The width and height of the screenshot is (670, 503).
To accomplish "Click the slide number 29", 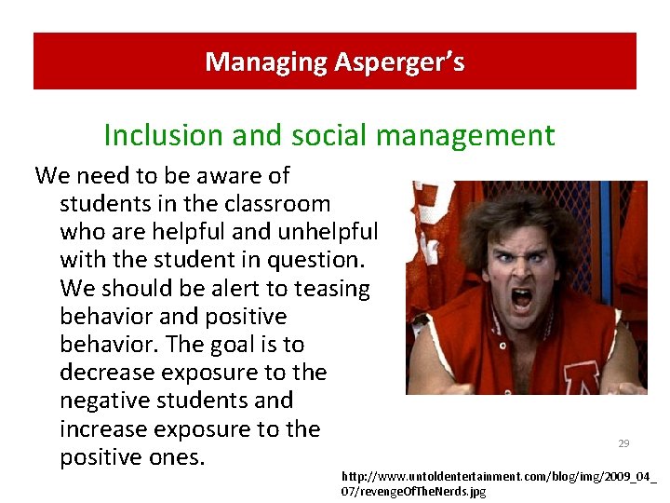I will coord(623,443).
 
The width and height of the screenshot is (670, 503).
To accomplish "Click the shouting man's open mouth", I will coord(522,300).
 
